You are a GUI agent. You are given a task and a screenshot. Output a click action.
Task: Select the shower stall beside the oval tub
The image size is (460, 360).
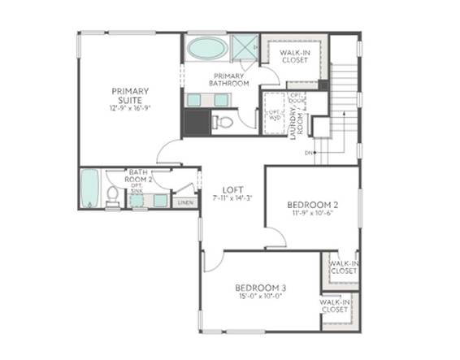243,48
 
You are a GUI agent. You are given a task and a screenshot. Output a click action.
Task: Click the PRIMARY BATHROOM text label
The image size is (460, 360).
228,79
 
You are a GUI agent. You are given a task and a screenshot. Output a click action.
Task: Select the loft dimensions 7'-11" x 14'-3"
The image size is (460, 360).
233,197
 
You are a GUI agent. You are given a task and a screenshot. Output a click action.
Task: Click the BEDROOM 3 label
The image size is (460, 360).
260,288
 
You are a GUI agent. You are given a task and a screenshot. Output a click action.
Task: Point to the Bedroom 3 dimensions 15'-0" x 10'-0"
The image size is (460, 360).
260,297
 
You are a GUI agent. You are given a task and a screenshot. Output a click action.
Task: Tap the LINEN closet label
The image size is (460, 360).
185,202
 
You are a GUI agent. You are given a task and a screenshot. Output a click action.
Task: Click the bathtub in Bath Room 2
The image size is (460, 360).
89,189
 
